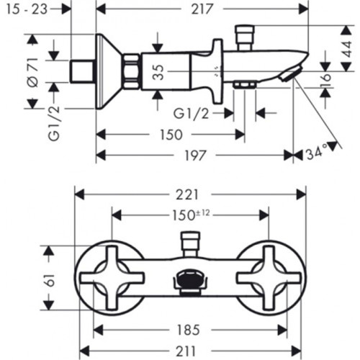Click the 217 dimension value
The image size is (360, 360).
(202, 9)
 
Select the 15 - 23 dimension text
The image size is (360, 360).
(27, 9)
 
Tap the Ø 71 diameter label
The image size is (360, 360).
(33, 72)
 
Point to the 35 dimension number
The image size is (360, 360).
(158, 72)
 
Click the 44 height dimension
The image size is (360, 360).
(346, 49)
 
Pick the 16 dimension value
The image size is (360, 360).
(326, 78)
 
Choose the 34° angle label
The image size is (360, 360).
(317, 153)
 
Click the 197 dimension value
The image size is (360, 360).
(195, 156)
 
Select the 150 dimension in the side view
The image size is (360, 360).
(171, 135)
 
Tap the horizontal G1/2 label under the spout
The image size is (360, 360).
(191, 114)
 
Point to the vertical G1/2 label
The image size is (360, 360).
(54, 123)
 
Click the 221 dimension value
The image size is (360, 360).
(187, 194)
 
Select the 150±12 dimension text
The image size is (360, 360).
(192, 215)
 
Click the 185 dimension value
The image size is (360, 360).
(188, 330)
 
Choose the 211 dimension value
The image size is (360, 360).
(186, 351)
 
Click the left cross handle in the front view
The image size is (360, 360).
(112, 278)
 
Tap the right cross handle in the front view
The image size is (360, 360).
(269, 278)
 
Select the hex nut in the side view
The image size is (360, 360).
(131, 72)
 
